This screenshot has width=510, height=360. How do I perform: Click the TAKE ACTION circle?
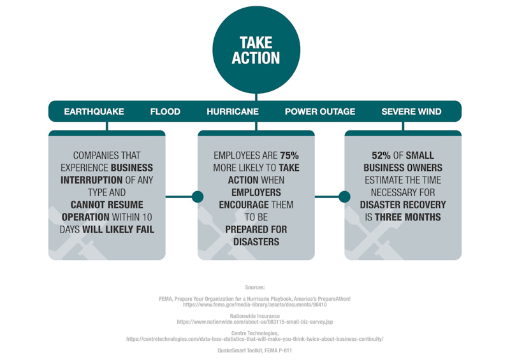(256, 50)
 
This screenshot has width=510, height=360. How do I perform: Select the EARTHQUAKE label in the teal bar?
(94, 112)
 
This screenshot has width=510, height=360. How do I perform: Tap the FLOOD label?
(165, 112)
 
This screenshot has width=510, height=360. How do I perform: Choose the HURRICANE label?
(233, 112)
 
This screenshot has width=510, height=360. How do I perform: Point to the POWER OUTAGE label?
(320, 112)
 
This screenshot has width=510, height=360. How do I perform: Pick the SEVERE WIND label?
(411, 112)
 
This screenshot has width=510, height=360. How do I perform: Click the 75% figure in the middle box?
(289, 155)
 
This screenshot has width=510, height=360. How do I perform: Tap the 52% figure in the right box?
(381, 155)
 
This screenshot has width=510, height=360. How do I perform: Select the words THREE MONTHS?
(408, 217)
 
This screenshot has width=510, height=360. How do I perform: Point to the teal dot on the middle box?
(198, 197)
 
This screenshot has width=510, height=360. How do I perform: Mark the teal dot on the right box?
(344, 197)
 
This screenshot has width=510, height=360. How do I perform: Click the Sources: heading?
(255, 288)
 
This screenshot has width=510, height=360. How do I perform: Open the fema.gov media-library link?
(255, 305)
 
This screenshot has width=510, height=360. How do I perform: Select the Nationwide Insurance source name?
(255, 316)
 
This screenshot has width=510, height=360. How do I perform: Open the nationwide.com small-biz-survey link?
(255, 322)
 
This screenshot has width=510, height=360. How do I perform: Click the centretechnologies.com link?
(255, 340)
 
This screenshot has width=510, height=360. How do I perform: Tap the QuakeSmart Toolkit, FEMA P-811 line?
(255, 350)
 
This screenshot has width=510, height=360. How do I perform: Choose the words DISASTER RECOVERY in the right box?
(403, 205)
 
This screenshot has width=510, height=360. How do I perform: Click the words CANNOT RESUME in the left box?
(107, 205)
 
